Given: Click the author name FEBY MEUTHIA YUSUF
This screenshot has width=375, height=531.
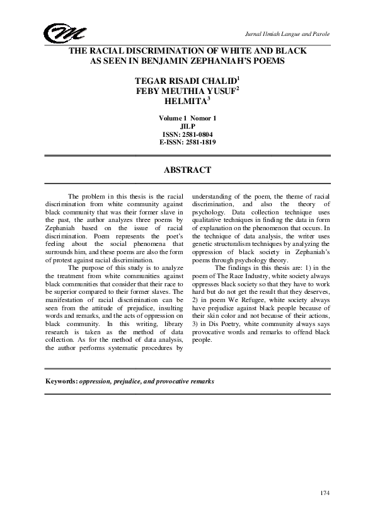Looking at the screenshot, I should coord(186,91).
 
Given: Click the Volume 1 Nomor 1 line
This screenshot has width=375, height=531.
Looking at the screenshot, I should coord(187,117).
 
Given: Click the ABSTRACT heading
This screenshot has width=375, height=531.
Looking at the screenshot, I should coord(187,170).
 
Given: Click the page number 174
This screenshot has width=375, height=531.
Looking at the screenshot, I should coord(325,492).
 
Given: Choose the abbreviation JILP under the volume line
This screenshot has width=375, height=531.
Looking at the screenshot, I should coord(187,125).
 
